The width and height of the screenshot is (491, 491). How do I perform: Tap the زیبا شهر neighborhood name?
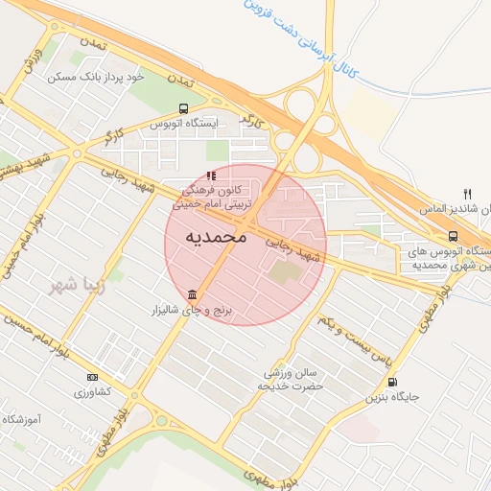pos(80,286)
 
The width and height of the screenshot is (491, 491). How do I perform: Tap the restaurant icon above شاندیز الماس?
pos(468,193)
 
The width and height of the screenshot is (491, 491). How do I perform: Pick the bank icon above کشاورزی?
pos(92,377)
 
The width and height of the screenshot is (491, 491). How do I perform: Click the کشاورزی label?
pos(93,392)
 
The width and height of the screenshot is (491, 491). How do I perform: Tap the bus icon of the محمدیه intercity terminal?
pos(452,237)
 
